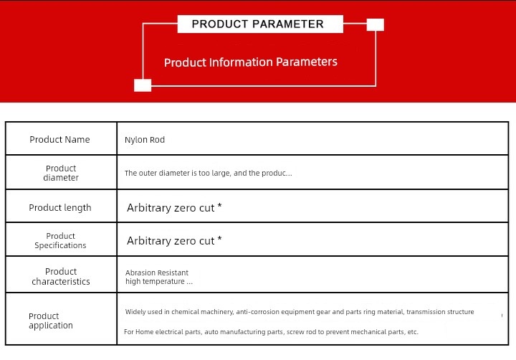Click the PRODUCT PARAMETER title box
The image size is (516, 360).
(260, 24)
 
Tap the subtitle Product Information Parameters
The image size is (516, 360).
(251, 62)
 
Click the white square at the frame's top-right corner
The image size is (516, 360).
(375, 24)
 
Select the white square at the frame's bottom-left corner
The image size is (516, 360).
(143, 85)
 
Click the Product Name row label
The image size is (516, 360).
(59, 139)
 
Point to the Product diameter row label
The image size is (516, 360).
(61, 173)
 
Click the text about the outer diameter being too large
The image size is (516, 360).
(209, 173)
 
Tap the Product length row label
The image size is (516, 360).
(60, 207)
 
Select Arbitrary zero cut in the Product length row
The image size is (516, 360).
(171, 208)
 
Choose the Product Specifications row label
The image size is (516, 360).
(60, 240)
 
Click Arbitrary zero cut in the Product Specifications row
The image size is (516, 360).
(171, 241)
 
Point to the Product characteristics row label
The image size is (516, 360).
(61, 276)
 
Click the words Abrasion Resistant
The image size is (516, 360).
(157, 273)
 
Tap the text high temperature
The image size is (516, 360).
(155, 281)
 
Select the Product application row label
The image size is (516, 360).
(51, 321)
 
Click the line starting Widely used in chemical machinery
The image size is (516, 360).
(300, 311)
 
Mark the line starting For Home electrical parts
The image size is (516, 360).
(271, 332)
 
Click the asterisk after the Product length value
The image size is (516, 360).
(219, 206)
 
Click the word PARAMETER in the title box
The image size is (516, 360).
(288, 24)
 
